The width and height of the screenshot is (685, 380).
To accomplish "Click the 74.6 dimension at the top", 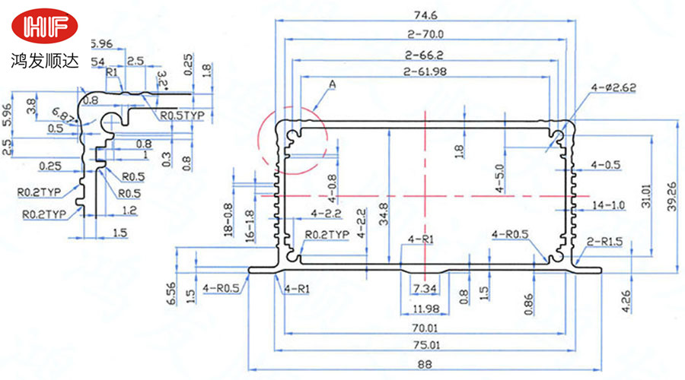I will tap(424, 14).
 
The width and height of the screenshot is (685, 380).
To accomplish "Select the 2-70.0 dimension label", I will tap(424, 34).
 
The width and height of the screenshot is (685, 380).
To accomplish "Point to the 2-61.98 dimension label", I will tap(424, 71).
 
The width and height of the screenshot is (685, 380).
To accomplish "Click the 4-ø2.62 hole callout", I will tap(613, 89).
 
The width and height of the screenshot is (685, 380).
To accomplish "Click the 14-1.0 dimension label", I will tap(607, 205).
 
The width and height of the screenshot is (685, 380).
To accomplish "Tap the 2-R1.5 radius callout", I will tap(605, 242).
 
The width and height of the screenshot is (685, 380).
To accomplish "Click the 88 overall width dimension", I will tap(424, 365).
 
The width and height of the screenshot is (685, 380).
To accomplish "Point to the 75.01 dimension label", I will tap(424, 345).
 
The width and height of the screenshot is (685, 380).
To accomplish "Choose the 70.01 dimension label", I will tap(424, 328).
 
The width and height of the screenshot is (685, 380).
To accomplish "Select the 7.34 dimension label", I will tap(425, 290).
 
